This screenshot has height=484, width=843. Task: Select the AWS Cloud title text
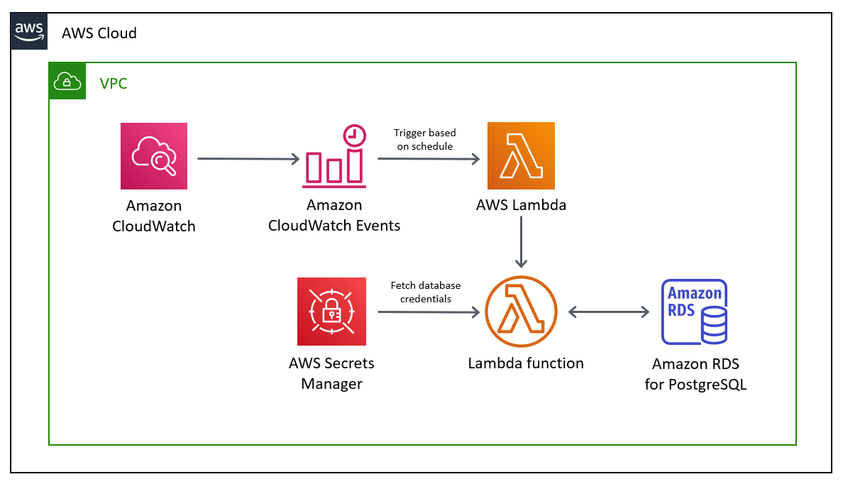pos(99,33)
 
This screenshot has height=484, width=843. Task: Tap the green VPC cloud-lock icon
pos(67,81)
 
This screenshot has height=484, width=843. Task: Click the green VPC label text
pos(114,83)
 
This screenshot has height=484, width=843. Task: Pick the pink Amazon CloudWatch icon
pos(154,156)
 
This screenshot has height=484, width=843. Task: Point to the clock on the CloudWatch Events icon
pos(353,136)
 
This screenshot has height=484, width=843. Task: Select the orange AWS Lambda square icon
pos(521,155)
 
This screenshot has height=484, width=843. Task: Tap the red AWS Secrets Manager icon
pos(331,311)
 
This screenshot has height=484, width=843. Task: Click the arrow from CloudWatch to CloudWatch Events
pos(248,159)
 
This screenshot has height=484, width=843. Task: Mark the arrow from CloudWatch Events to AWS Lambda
pos(429,159)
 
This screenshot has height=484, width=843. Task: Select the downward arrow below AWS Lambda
pos(522,241)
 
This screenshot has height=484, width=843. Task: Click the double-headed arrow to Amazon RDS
pos(610,312)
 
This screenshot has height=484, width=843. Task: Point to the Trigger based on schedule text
pos(425,139)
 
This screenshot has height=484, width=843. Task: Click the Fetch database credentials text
pos(425,292)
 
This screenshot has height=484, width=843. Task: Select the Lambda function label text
pos(525,363)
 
